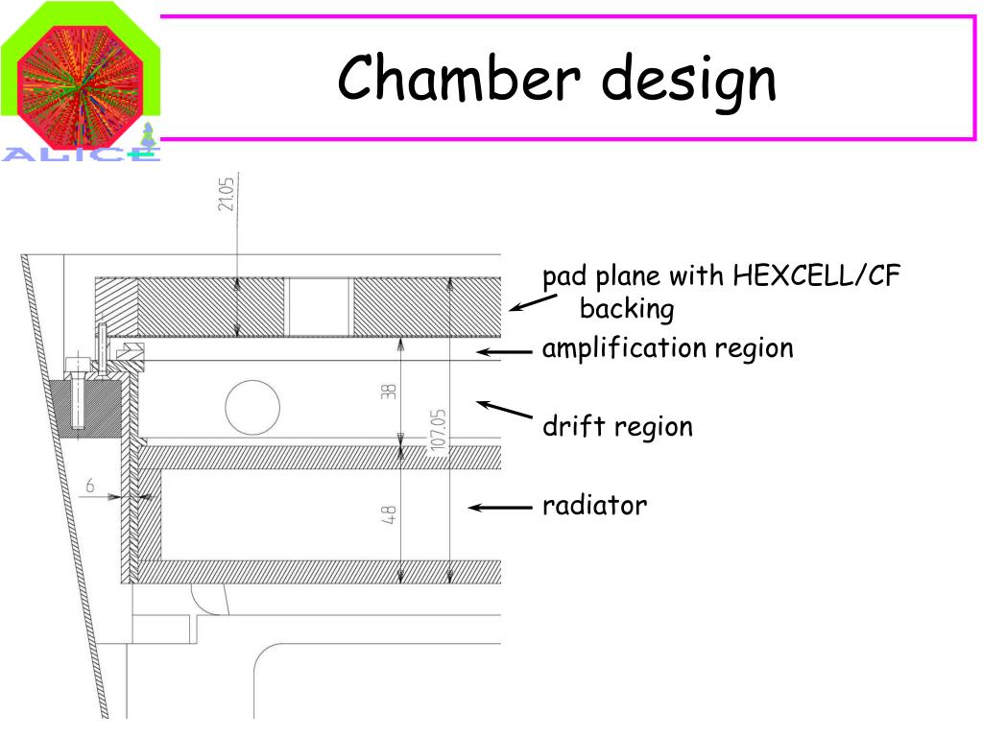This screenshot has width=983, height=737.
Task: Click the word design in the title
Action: coord(688,81)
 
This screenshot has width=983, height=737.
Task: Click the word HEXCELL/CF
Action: coord(817,277)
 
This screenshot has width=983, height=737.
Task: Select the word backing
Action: coord(627,310)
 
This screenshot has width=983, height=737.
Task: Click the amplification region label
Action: coord(667,348)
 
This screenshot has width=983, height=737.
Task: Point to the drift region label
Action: coord(617,426)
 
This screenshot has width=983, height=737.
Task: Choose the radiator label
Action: coord(594,505)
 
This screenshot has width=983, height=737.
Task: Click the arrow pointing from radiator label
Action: coord(499,507)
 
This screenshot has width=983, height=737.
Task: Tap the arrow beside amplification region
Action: coord(505,352)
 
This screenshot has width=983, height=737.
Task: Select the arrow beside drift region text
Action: coord(505,410)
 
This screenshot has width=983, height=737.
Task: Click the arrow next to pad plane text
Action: coord(533,303)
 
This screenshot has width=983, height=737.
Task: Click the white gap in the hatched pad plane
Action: coord(320,307)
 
